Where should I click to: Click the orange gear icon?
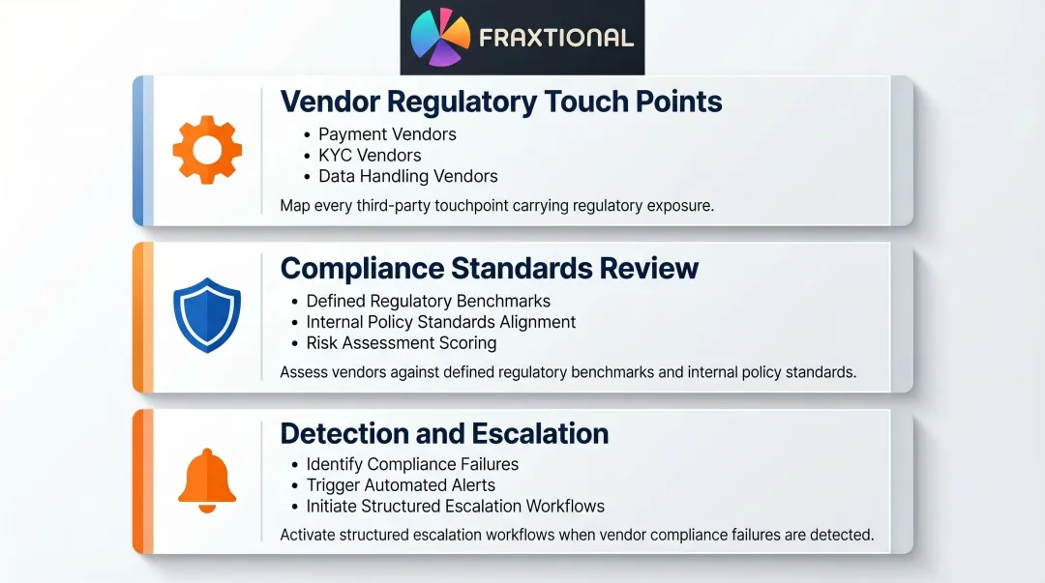(207, 150)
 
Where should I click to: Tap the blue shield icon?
(206, 314)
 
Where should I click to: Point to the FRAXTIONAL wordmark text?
(555, 39)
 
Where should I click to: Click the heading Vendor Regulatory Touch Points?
(500, 102)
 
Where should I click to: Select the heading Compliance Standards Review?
(489, 267)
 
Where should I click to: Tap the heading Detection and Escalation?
(444, 433)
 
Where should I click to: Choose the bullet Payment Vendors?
(387, 134)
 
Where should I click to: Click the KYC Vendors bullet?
(370, 155)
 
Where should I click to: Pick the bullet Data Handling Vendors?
(407, 176)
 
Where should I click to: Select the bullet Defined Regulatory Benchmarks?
(428, 301)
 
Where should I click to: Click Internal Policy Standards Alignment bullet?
(440, 322)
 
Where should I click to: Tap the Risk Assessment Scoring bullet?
(401, 343)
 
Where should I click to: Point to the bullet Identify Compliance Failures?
(412, 464)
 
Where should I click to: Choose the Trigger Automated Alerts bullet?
(401, 485)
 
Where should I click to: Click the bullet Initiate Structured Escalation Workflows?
(455, 507)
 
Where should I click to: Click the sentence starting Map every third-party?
(496, 205)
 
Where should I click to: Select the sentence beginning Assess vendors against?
(567, 371)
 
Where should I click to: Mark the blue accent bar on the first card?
(137, 150)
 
